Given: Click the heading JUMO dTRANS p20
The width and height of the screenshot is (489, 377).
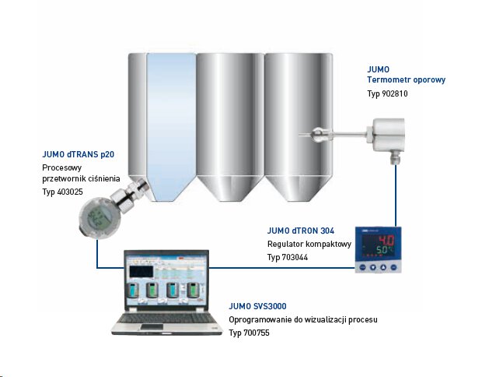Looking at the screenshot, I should pos(80,153).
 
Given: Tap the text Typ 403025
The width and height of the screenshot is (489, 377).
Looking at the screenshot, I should pos(63,191).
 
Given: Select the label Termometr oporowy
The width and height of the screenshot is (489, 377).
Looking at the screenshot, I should pos(406,80).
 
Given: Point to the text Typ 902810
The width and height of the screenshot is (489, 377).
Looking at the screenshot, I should pos(387,94).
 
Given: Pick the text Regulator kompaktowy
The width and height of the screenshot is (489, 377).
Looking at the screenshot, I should pos(309,244).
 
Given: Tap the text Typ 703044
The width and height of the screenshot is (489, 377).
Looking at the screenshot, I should pos(288,256).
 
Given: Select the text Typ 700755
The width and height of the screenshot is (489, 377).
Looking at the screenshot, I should pos(250,333).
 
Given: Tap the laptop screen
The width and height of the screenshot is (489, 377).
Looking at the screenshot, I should pos(162,280).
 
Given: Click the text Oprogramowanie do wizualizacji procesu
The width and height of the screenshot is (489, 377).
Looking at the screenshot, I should pos(303,320).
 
